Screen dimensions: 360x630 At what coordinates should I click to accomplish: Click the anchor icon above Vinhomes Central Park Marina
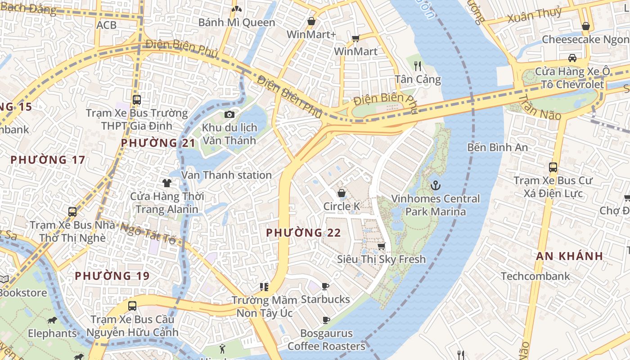pyautogui.click(x=435, y=185)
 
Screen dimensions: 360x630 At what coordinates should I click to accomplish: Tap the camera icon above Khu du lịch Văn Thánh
pyautogui.click(x=229, y=114)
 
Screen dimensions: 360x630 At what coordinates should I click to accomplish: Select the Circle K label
pyautogui.click(x=342, y=207)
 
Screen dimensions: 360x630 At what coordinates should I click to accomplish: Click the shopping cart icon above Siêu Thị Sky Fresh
pyautogui.click(x=381, y=246)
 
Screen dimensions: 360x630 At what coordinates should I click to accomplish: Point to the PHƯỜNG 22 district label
pyautogui.click(x=303, y=233)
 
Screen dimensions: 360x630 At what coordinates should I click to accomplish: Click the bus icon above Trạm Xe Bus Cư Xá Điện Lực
pyautogui.click(x=553, y=167)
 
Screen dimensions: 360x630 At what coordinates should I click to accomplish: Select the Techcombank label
pyautogui.click(x=535, y=276)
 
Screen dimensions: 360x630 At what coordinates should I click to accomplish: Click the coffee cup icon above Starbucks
pyautogui.click(x=325, y=286)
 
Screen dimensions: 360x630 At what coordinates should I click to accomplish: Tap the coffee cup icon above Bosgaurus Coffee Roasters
pyautogui.click(x=326, y=320)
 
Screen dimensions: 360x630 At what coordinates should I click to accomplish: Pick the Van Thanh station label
pyautogui.click(x=226, y=175)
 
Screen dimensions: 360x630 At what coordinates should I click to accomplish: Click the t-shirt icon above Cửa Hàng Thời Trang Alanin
pyautogui.click(x=167, y=183)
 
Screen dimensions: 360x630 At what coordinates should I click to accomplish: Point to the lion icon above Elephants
pyautogui.click(x=52, y=320)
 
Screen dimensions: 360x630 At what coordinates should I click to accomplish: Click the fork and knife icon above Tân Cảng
pyautogui.click(x=418, y=66)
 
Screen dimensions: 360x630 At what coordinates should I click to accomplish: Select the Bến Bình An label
pyautogui.click(x=497, y=147)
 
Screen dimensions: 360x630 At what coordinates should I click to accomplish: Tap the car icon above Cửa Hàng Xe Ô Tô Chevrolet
pyautogui.click(x=572, y=58)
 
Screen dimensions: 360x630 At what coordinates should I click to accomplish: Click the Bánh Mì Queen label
pyautogui.click(x=237, y=22)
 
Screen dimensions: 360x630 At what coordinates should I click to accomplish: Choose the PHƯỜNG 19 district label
pyautogui.click(x=112, y=276)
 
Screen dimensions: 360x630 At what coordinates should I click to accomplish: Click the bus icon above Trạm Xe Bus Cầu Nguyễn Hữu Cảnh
pyautogui.click(x=132, y=306)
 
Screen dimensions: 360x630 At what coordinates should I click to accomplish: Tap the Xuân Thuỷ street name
pyautogui.click(x=535, y=15)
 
